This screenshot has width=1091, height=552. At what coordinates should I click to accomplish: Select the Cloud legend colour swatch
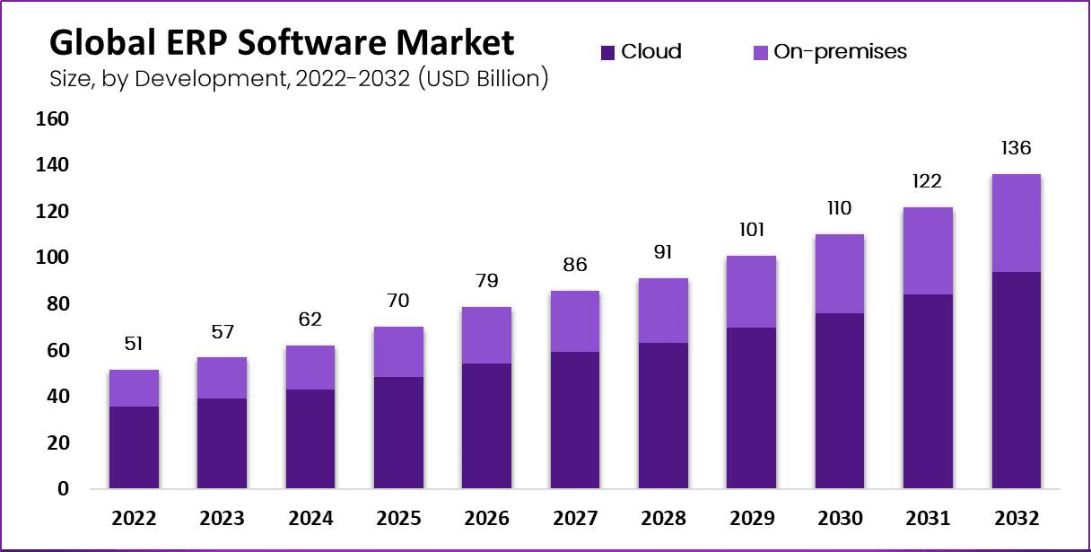click(x=607, y=53)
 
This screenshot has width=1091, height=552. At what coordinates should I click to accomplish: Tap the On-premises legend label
click(x=842, y=52)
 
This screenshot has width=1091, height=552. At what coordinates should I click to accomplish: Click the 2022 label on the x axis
click(x=134, y=519)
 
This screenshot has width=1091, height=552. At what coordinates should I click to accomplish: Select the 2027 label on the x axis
click(x=575, y=519)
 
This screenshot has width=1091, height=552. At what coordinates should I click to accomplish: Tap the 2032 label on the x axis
click(x=1016, y=519)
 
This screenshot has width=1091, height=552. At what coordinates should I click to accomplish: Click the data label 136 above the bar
click(x=1016, y=149)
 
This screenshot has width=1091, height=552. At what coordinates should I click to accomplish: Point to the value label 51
click(x=134, y=345)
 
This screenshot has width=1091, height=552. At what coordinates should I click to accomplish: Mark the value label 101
click(x=751, y=230)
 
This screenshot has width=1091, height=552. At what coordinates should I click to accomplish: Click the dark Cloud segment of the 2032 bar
click(x=1016, y=381)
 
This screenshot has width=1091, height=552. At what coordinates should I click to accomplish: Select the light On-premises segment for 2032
click(x=1016, y=223)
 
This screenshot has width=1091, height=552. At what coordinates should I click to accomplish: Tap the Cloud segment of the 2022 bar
click(x=134, y=448)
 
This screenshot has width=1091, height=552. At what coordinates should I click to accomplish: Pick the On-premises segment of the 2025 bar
click(x=398, y=352)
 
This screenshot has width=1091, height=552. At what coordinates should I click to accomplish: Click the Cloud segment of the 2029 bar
click(x=751, y=408)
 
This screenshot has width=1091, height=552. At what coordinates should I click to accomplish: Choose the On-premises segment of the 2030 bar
click(x=840, y=274)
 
